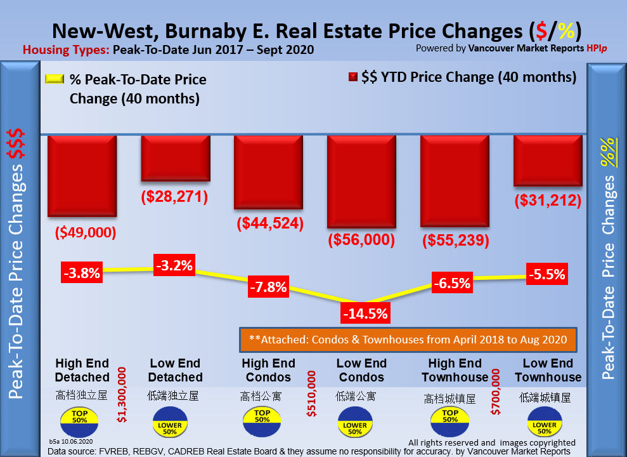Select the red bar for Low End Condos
coord(361,182)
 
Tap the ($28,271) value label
coord(174,197)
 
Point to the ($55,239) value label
coord(455,240)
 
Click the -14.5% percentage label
coord(364,313)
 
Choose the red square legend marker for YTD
coord(352,78)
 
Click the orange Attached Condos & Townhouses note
coord(407,340)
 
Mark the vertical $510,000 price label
coord(311,394)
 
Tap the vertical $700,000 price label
coord(496,394)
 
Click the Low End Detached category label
coord(176,370)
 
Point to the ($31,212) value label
coord(548,201)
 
